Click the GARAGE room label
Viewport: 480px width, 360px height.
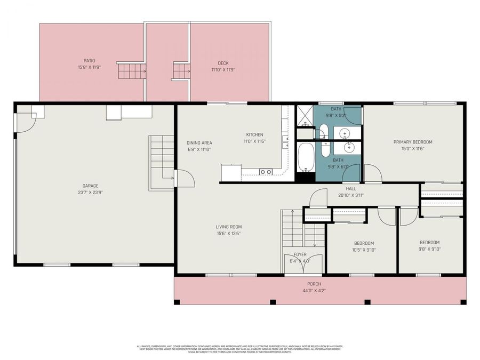point(90,186)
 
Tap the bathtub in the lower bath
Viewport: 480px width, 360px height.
point(306,157)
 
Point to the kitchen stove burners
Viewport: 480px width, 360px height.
point(265,172)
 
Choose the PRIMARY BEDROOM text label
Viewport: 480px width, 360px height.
point(413,142)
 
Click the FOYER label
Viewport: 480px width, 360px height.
point(300,255)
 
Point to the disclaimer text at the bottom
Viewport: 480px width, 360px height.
point(239,349)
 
